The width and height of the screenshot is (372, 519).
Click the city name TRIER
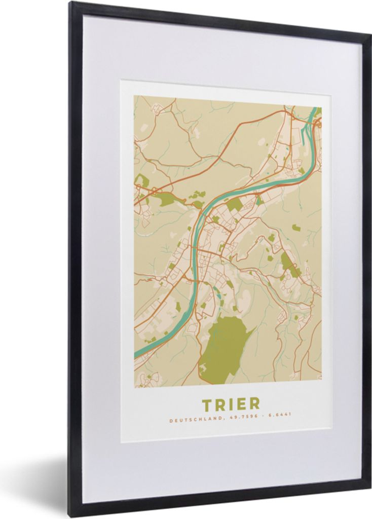pos(231,404)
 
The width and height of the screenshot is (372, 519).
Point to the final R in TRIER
pos(254,404)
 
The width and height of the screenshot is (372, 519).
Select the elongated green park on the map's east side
pos(289,264)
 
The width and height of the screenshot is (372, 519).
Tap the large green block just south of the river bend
pos(234,204)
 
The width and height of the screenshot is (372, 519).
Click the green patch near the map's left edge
pos(141,180)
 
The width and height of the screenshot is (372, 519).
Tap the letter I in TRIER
pos(231,404)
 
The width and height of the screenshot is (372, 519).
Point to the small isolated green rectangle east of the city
pos(296,228)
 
